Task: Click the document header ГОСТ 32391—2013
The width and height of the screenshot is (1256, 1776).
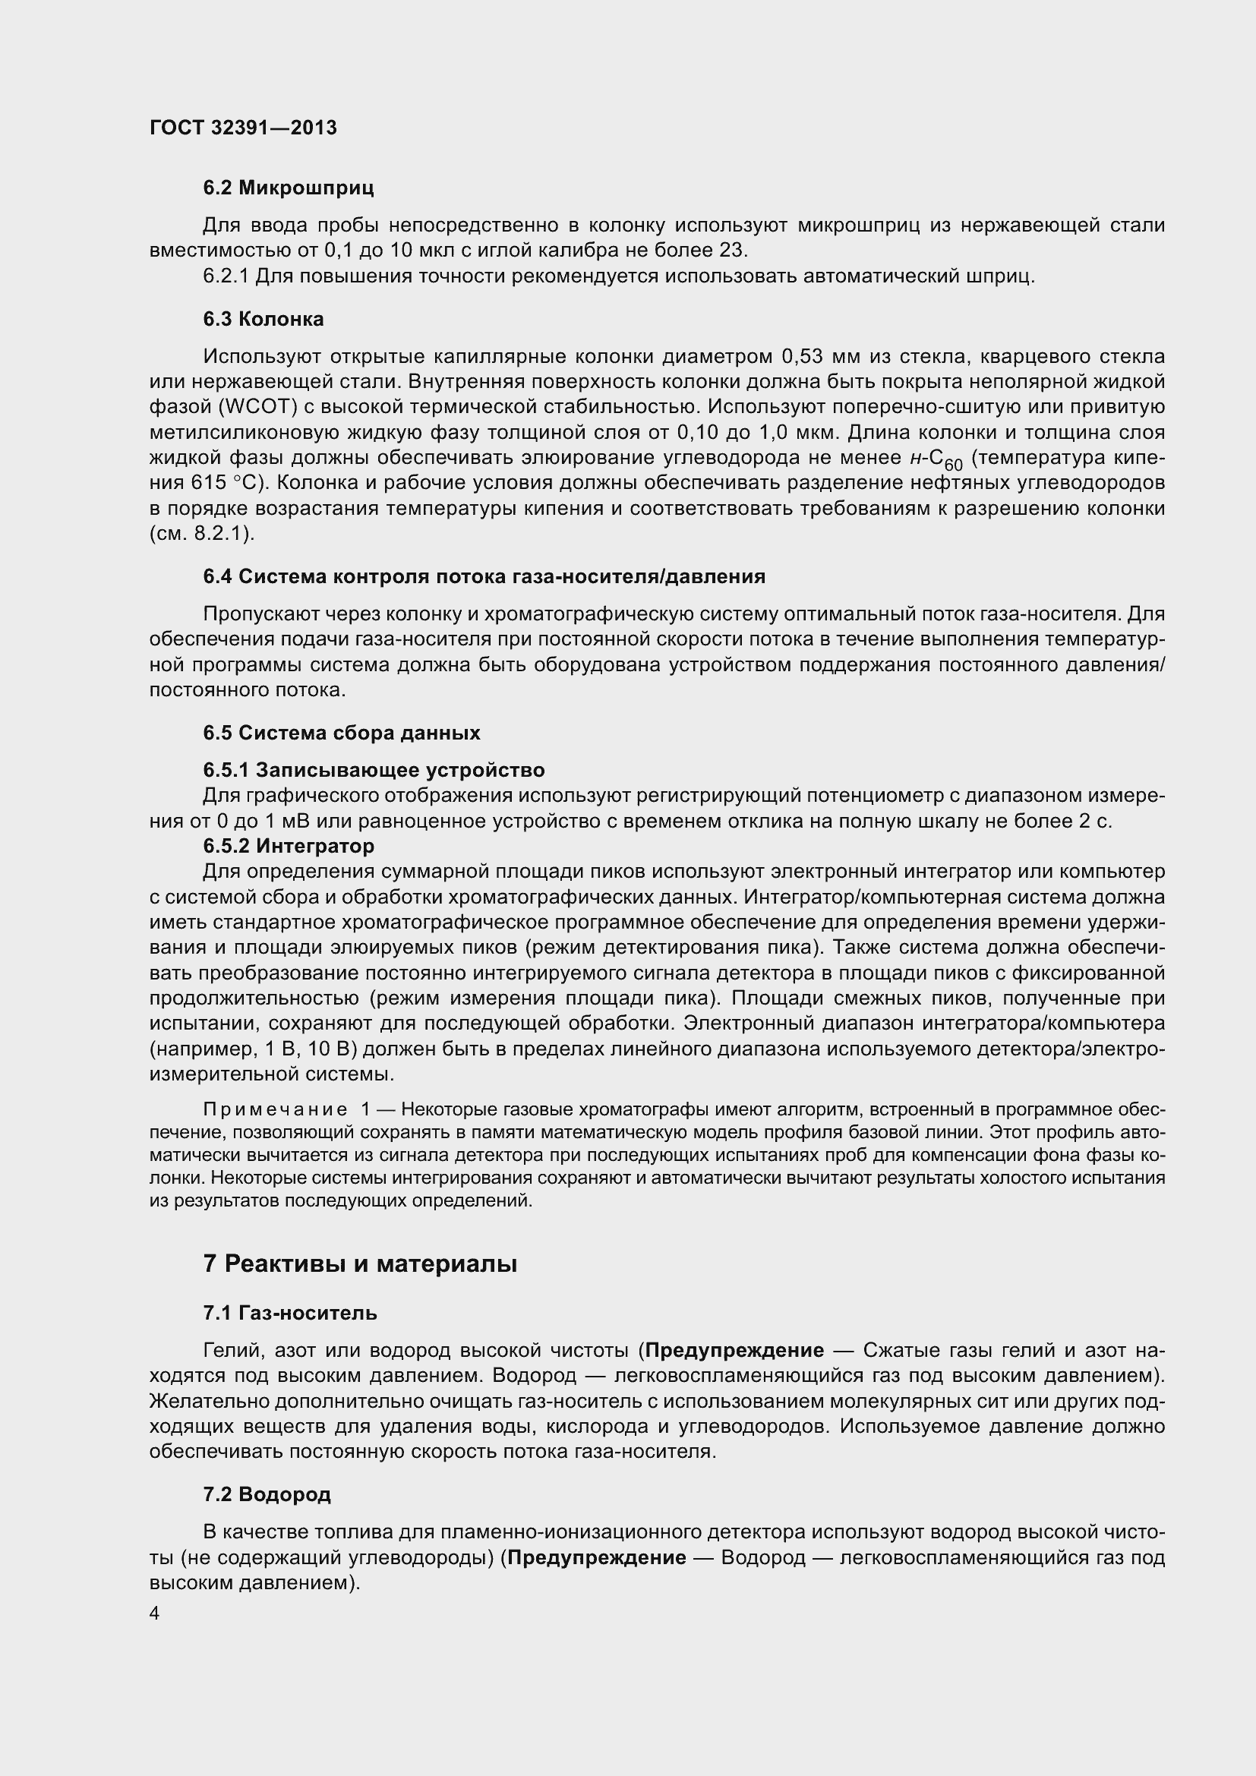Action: click(243, 128)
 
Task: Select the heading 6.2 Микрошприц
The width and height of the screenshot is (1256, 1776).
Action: click(289, 188)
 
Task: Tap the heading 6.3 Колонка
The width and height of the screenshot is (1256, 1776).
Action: click(263, 319)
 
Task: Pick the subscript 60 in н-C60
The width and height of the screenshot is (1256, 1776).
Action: click(953, 465)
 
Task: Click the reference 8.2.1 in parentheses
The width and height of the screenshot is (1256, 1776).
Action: click(219, 534)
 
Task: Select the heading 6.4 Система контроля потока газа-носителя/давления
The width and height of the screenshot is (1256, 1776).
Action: click(484, 576)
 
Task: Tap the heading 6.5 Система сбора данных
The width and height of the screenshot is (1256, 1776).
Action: click(341, 733)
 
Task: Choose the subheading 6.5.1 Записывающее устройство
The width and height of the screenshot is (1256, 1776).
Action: click(374, 770)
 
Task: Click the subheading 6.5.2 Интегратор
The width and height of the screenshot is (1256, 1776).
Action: click(289, 845)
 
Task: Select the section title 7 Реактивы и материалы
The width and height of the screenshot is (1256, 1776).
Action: click(360, 1263)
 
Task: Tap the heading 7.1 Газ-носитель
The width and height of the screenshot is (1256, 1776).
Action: click(290, 1312)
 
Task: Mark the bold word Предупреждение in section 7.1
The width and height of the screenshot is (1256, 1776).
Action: click(734, 1350)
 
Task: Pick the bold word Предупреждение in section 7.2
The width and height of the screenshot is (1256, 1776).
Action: click(596, 1557)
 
